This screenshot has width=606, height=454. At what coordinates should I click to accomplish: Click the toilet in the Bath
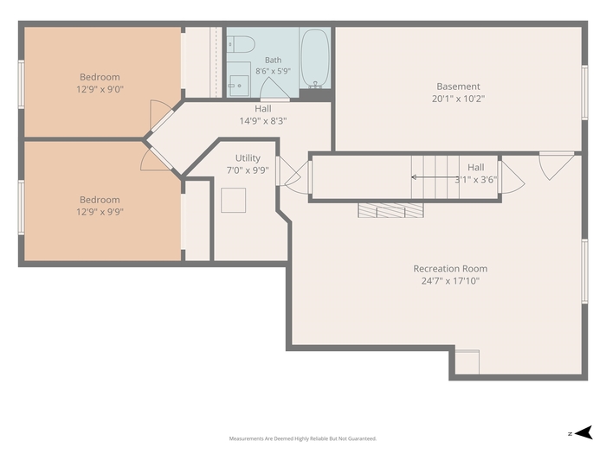[x=241, y=44]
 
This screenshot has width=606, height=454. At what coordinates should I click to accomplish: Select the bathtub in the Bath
[x=315, y=59]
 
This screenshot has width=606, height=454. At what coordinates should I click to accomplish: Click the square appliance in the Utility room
[x=234, y=200]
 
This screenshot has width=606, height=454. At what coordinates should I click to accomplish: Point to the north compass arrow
[x=583, y=432]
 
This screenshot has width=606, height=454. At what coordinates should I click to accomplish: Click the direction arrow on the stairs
[x=436, y=177]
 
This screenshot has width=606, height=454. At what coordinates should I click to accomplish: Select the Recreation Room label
[x=450, y=269]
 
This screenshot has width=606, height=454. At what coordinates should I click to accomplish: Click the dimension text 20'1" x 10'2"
[x=458, y=99]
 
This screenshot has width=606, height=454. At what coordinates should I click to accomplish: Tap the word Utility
[x=248, y=158]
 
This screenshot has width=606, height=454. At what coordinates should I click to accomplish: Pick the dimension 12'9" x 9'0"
[x=100, y=89]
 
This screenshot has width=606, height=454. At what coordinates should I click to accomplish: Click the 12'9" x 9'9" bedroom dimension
[x=100, y=212]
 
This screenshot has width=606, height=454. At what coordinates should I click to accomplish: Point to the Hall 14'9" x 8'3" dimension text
[x=263, y=121]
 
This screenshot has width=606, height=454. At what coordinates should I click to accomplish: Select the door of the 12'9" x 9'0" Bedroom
[x=159, y=115]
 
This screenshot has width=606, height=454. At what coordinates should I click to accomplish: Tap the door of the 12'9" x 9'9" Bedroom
[x=157, y=158]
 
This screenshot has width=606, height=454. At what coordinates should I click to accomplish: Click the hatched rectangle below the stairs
[x=390, y=210]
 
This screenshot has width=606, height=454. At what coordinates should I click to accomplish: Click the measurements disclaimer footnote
[x=303, y=438]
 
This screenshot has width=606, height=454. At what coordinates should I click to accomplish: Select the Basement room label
[x=458, y=86]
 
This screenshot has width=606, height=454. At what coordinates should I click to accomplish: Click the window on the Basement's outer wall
[x=584, y=93]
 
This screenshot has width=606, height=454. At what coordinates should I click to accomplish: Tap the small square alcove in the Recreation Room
[x=467, y=361]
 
